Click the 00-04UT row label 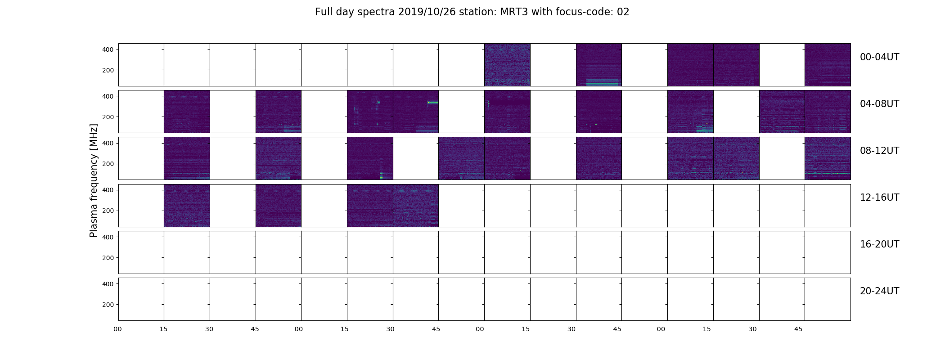pyautogui.click(x=879, y=57)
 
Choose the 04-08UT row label pyautogui.click(x=879, y=104)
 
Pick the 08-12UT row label pyautogui.click(x=879, y=151)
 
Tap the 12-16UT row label pyautogui.click(x=879, y=198)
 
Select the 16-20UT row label pyautogui.click(x=879, y=244)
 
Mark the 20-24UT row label pyautogui.click(x=879, y=291)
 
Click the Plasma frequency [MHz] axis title pyautogui.click(x=94, y=180)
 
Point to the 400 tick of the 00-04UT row pyautogui.click(x=108, y=49)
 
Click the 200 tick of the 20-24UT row pyautogui.click(x=108, y=305)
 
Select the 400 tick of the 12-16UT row pyautogui.click(x=108, y=190)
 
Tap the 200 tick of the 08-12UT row pyautogui.click(x=108, y=164)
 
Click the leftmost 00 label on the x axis pyautogui.click(x=118, y=329)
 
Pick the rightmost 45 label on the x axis pyautogui.click(x=798, y=329)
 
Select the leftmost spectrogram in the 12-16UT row pyautogui.click(x=187, y=206)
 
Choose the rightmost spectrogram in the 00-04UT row pyautogui.click(x=828, y=65)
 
